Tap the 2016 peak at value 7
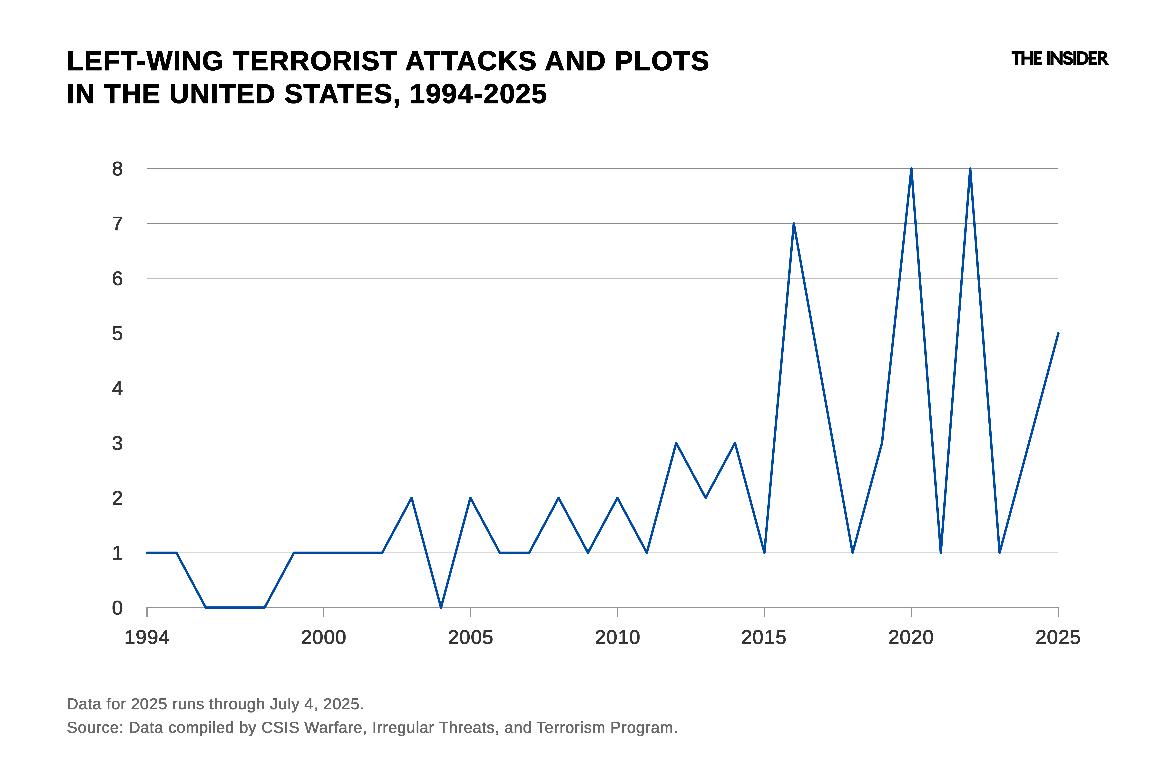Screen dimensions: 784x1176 point(793,223)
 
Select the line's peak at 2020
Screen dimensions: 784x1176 point(911,169)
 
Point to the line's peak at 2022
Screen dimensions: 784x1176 point(970,169)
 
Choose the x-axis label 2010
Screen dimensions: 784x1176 point(617,638)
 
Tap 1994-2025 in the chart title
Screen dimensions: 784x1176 point(478,94)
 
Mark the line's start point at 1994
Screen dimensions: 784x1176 point(147,553)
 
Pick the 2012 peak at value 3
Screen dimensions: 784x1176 point(676,443)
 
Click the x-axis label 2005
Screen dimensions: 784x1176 point(470,638)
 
